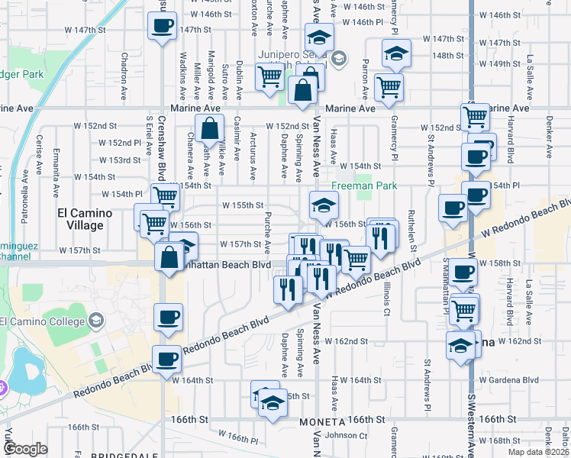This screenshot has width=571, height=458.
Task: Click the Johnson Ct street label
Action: (347, 436)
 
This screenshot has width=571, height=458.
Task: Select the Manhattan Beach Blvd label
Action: (233, 264)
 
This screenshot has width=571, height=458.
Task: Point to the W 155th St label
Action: (243, 205)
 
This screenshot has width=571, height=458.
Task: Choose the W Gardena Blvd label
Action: (508, 379)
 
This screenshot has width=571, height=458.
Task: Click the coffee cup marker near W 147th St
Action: (162, 27)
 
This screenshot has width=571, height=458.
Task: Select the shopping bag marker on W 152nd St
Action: (209, 130)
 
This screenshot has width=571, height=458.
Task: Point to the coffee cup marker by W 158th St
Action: (463, 272)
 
